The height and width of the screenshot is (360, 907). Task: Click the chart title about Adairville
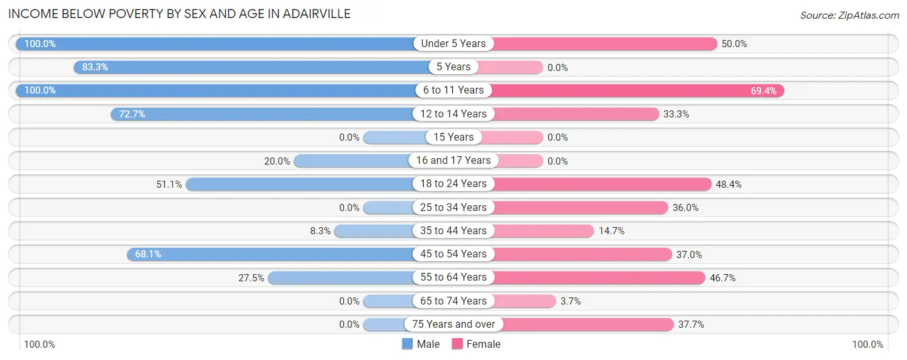click(180, 14)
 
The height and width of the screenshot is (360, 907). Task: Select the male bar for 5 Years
click(252, 67)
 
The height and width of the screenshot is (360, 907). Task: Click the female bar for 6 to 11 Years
click(639, 90)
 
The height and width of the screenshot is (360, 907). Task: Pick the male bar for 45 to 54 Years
click(271, 254)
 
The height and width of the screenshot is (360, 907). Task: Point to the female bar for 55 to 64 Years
click(600, 277)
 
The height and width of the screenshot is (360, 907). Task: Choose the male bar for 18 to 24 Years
click(300, 184)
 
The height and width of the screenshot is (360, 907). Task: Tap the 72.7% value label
click(132, 114)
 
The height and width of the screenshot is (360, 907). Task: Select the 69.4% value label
click(764, 91)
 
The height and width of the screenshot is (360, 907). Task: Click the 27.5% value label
click(252, 278)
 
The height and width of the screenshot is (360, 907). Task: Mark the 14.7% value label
click(612, 231)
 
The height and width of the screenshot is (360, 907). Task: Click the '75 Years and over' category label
click(454, 325)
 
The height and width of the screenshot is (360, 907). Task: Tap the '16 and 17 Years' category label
click(454, 161)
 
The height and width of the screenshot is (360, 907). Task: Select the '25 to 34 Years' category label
click(454, 207)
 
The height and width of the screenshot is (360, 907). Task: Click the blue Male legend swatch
click(408, 345)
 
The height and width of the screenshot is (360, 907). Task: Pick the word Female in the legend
click(484, 345)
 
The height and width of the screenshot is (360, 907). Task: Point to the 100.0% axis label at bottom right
click(868, 345)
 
